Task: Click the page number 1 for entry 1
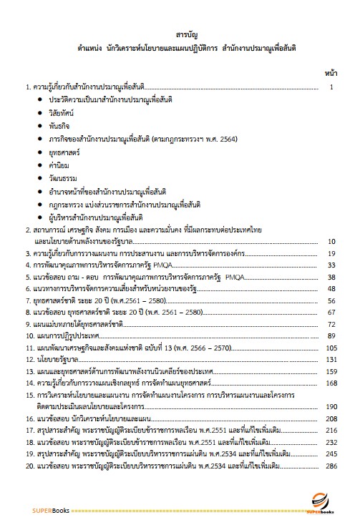coord(331,87)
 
